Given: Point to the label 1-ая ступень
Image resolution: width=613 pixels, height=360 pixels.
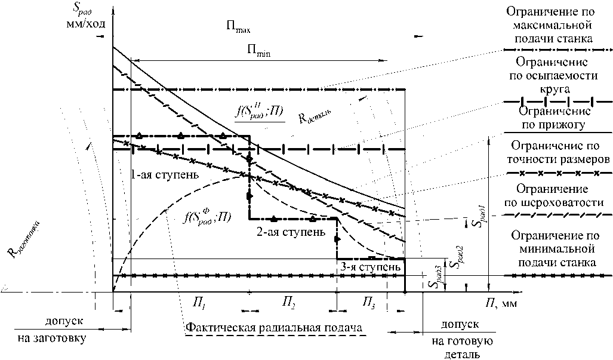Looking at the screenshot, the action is click(x=157, y=176).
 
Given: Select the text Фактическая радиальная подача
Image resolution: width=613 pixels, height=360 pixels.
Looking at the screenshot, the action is click(x=275, y=329).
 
